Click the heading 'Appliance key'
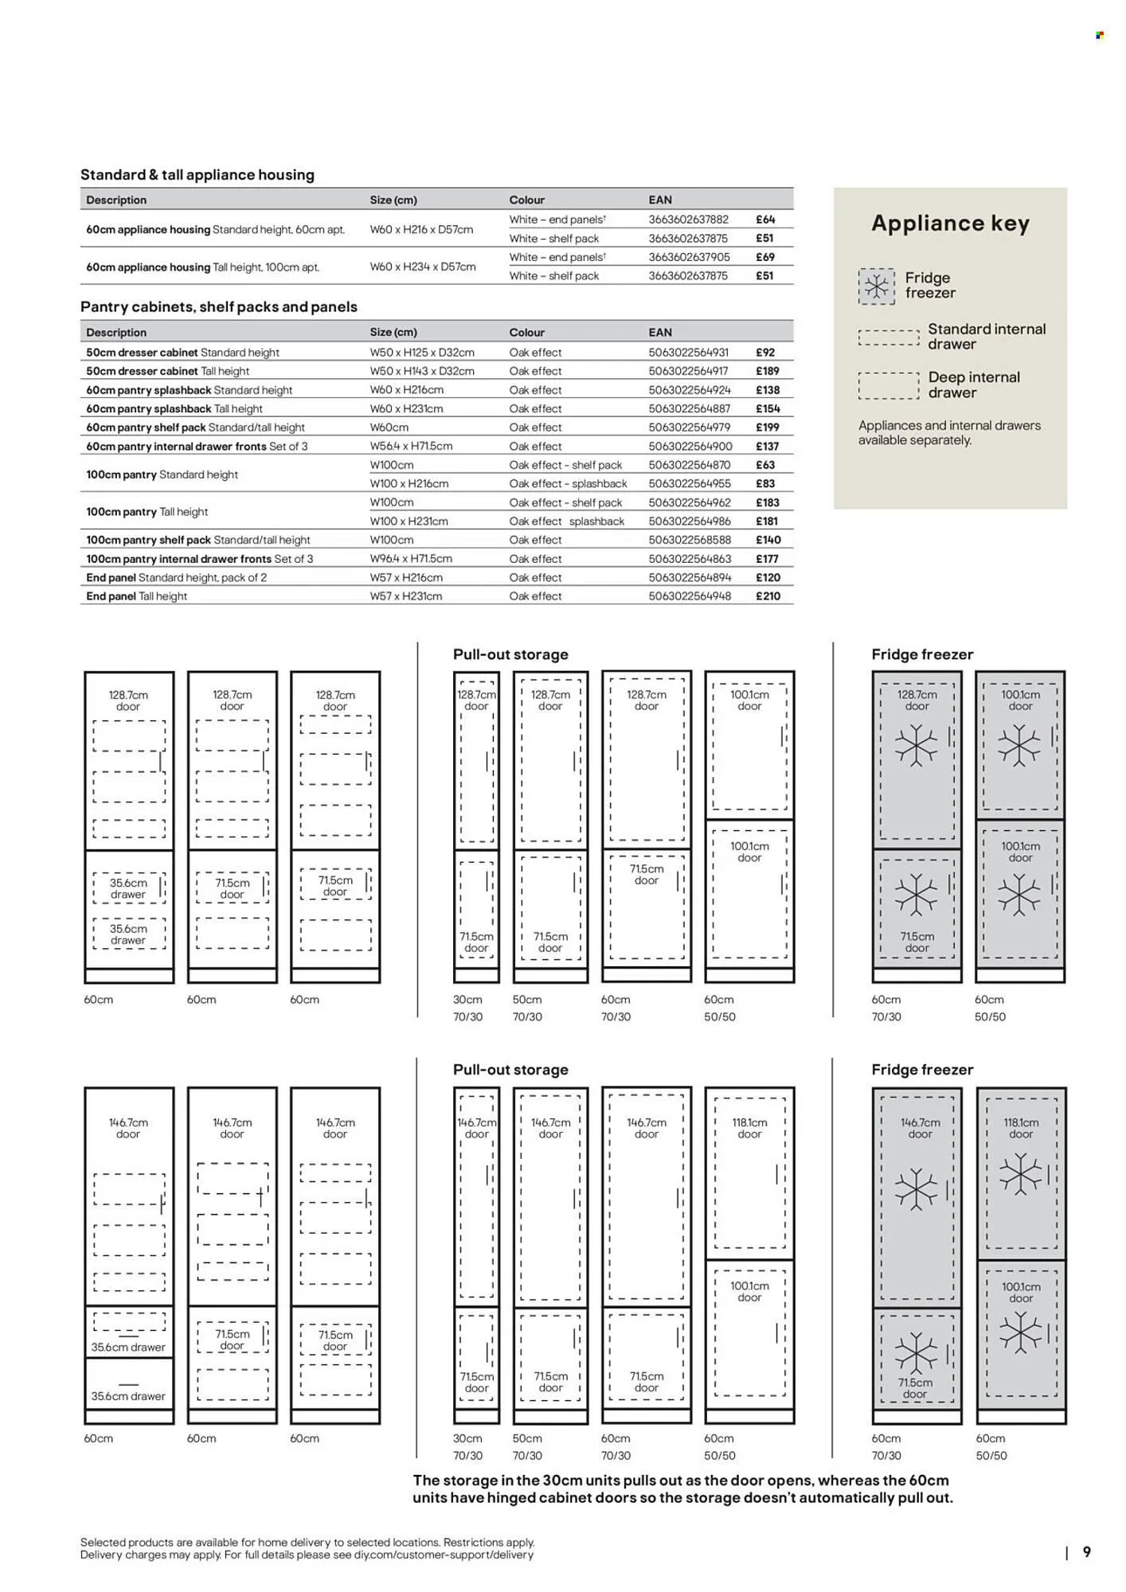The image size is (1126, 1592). click(950, 223)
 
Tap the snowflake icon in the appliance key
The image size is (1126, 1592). click(876, 286)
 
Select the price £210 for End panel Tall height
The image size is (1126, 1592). click(768, 596)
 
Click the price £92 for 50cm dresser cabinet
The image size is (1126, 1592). click(764, 352)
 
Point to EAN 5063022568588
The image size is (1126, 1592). click(690, 540)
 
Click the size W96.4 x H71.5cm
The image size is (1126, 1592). click(411, 559)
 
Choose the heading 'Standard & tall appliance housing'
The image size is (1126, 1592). click(197, 174)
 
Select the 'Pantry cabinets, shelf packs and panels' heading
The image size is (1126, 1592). click(219, 306)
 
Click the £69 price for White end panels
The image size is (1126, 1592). click(764, 257)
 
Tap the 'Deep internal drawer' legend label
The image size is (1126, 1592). click(973, 384)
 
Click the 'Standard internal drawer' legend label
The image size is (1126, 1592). click(986, 336)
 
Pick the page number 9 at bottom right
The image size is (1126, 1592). click(1087, 1551)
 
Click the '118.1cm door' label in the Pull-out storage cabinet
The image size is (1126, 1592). click(749, 1128)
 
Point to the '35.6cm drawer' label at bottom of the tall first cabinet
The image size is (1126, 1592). click(128, 1395)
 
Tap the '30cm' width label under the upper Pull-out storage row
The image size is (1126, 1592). click(467, 999)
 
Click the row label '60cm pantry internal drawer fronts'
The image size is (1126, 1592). click(176, 447)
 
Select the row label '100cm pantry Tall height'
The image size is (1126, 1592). click(147, 512)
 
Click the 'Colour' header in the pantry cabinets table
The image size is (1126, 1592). click(527, 332)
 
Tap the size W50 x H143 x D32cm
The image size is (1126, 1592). click(422, 371)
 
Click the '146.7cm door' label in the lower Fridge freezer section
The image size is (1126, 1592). click(920, 1128)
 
